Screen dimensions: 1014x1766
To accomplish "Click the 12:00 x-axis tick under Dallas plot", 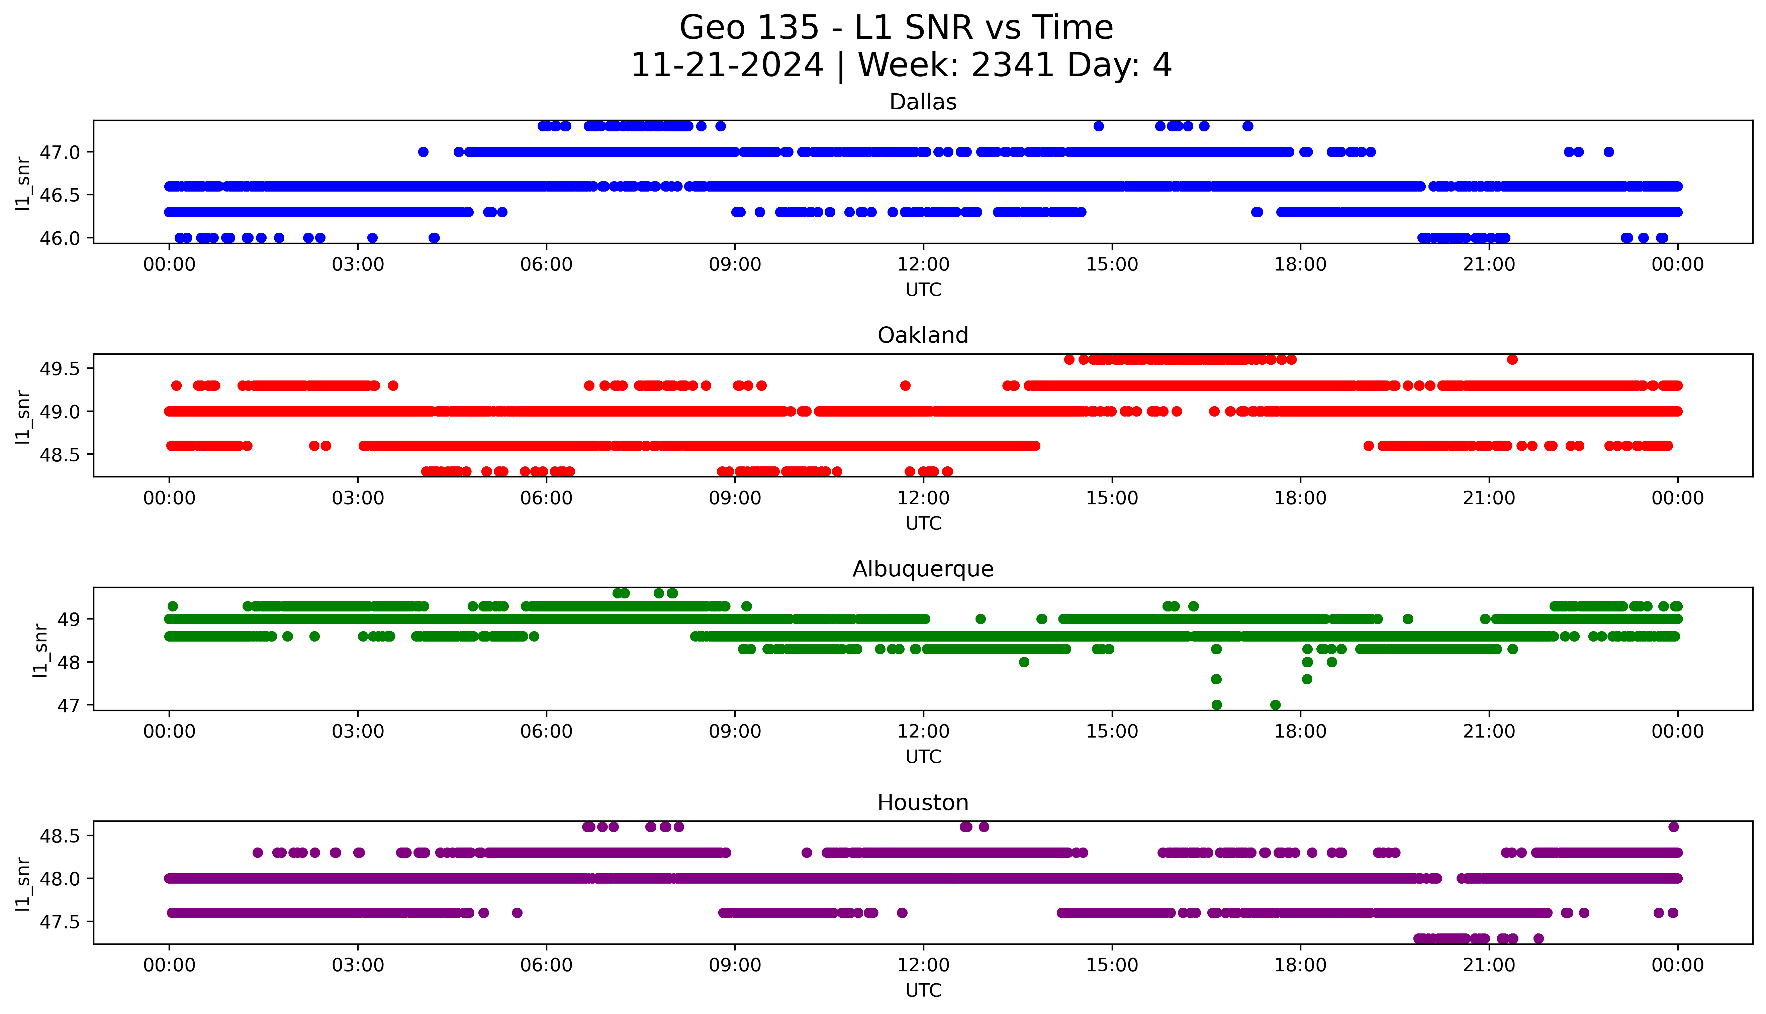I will tap(923, 265).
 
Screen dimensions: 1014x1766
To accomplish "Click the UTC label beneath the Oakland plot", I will tap(923, 524).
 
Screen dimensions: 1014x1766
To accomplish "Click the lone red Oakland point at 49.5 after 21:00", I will tap(1512, 359).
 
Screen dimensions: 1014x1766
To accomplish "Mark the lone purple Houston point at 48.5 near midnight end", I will tap(1673, 827).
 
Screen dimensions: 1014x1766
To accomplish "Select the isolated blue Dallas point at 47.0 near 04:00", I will tap(423, 152).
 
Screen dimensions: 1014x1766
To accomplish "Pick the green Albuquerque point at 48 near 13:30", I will tap(1023, 662).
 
